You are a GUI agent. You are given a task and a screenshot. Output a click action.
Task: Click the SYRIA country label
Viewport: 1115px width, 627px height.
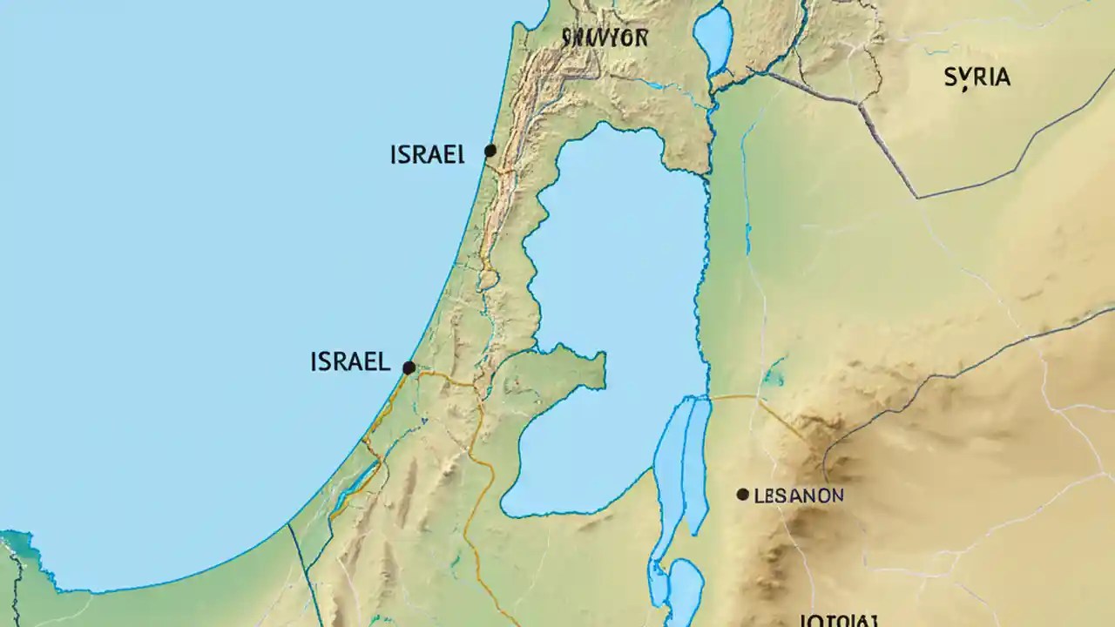977,78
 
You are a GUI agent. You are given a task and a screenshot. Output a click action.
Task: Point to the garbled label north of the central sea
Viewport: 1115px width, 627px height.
605,38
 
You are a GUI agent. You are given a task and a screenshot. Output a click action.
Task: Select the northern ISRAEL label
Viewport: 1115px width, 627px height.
427,155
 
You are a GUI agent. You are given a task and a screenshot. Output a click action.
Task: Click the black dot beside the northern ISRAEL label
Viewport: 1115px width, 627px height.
490,151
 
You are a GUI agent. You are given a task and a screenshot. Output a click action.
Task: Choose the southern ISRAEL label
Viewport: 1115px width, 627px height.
350,362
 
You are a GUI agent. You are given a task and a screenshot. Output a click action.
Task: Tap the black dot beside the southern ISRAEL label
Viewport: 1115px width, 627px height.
409,367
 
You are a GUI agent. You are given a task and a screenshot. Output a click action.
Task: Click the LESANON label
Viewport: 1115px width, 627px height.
798,496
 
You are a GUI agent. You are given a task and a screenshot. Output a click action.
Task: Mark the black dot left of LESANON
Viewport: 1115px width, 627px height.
742,495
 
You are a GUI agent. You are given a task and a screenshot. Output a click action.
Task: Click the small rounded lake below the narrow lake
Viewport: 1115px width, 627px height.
683,589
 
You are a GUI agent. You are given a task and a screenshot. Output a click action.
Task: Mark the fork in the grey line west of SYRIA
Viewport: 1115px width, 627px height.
861,105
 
